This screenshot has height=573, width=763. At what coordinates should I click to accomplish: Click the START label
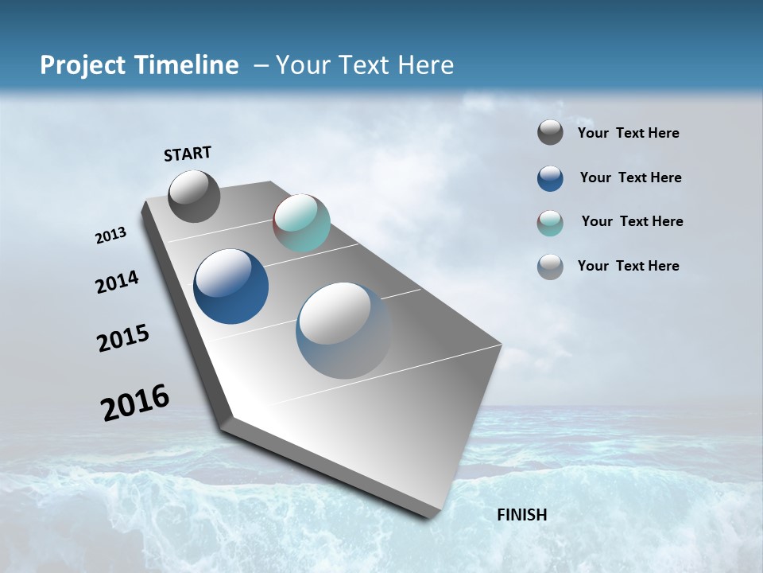pos(188,153)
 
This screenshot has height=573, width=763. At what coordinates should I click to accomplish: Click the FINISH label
pos(521,514)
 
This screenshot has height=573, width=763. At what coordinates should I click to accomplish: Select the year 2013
pos(110,236)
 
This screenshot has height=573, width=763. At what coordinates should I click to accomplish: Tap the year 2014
pos(117,283)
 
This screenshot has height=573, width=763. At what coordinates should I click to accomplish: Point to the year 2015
pos(122,337)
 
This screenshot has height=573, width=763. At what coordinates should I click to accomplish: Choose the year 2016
pos(135,402)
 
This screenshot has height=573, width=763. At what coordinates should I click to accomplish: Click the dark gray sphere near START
pos(194,197)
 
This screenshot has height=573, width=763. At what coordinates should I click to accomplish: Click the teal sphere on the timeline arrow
pos(301,223)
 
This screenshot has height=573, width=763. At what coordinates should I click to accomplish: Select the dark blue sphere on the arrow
pos(230,286)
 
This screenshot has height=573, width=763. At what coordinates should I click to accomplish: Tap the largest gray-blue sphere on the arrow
pos(343,330)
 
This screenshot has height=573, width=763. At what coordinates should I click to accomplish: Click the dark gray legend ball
pos(550,132)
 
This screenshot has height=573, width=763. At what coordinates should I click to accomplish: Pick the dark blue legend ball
pos(550,178)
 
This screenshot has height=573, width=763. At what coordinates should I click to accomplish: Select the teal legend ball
pos(550,223)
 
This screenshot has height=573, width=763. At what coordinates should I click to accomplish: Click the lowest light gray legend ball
pos(550,267)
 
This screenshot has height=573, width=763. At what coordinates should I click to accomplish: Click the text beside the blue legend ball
pos(630,177)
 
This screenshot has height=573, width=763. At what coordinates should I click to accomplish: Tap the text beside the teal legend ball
pos(632,221)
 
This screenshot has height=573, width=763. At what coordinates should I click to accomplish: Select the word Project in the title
pos(78,65)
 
